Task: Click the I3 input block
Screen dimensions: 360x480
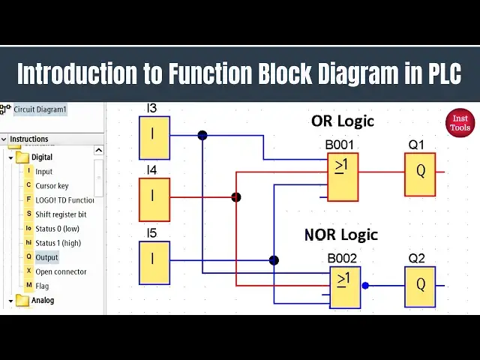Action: (154, 137)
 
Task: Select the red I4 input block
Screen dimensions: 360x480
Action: (154, 199)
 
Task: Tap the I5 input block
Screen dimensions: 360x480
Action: (154, 262)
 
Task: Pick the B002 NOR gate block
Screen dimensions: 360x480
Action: (345, 287)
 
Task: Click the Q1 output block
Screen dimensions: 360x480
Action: (420, 174)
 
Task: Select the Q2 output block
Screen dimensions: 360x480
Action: (420, 286)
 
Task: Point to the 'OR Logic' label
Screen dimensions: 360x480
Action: (342, 121)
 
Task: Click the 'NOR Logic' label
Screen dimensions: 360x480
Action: (340, 235)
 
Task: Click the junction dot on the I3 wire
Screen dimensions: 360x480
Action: (202, 136)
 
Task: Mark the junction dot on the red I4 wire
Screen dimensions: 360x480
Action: (236, 197)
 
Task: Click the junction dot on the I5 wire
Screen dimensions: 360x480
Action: (274, 260)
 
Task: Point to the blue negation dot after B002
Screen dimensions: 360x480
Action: (365, 285)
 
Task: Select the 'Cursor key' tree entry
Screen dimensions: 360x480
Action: (52, 186)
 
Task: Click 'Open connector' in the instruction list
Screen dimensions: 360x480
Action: (61, 271)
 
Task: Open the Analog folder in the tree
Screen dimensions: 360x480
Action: (42, 300)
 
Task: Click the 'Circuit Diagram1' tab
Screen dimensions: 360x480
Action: (40, 109)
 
